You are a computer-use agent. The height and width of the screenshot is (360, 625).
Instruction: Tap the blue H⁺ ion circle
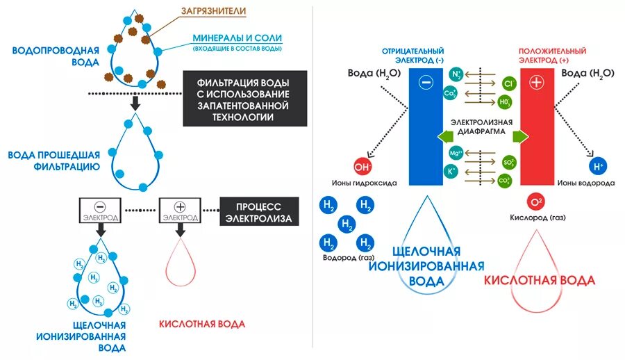[597, 167]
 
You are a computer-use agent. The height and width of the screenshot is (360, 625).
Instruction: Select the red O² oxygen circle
[535, 202]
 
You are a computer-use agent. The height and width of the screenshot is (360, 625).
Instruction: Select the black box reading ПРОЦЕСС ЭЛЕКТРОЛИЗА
[259, 213]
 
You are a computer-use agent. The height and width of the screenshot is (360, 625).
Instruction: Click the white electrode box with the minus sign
[101, 211]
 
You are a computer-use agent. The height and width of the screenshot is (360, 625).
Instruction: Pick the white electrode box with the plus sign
[180, 211]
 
